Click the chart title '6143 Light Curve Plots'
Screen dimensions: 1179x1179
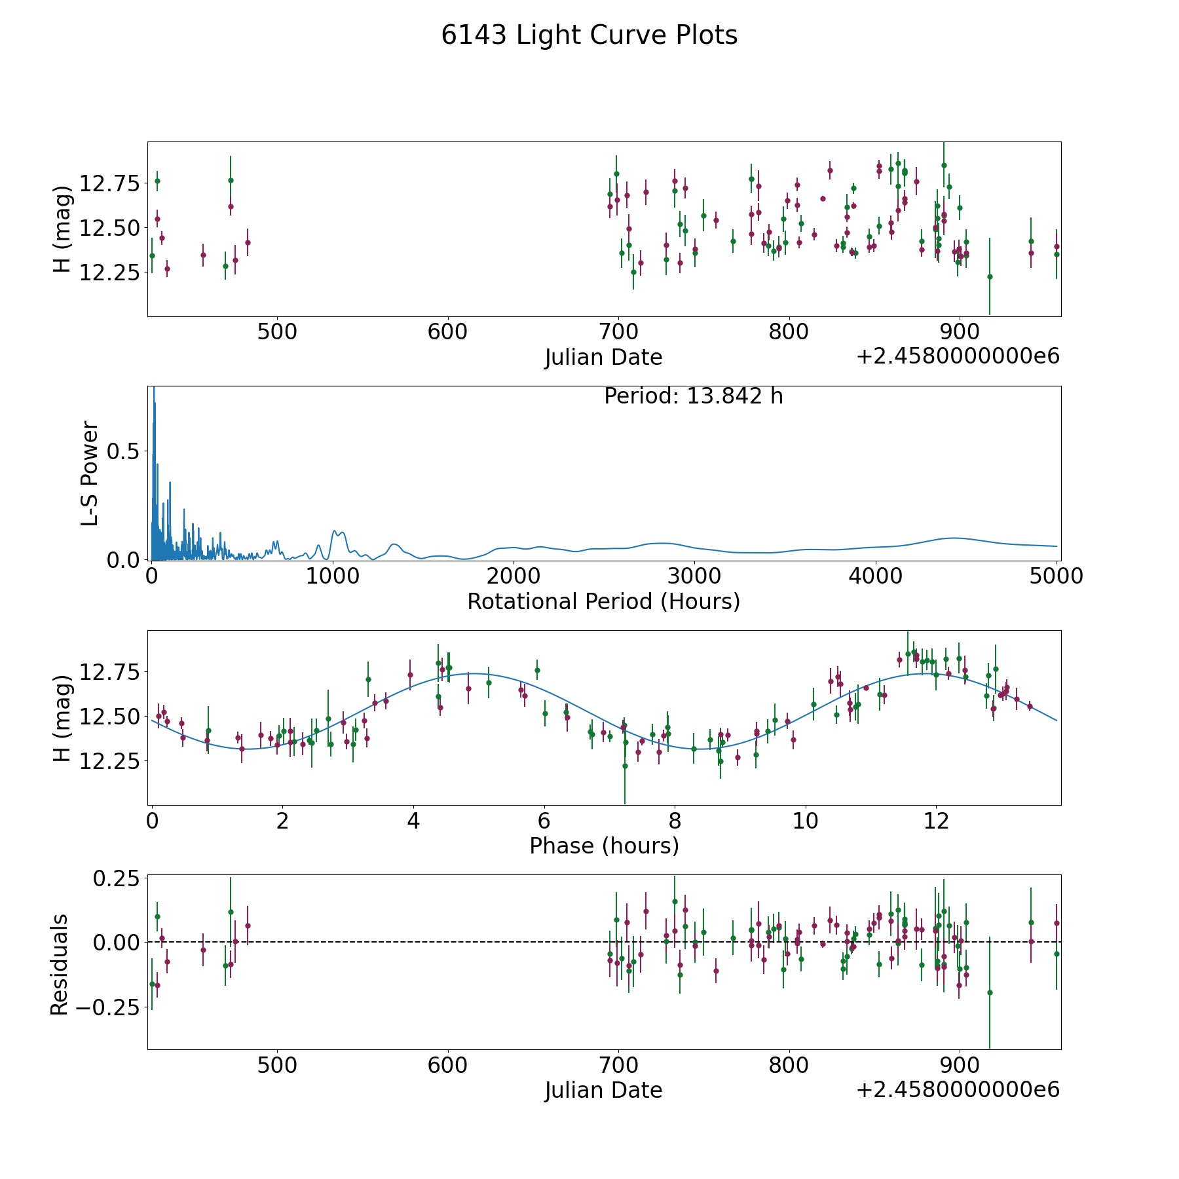589,35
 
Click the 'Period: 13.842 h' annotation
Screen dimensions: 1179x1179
693,396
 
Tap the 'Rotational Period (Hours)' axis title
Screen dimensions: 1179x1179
603,601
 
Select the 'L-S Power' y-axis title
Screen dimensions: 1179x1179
90,473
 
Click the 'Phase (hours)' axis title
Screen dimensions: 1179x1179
603,846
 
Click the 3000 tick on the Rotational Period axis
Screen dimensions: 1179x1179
694,576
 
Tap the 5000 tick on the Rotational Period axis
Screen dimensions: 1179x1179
1057,576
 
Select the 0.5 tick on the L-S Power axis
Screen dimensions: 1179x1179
124,452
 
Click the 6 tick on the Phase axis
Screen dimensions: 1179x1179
544,821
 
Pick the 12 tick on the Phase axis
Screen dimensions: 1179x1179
936,821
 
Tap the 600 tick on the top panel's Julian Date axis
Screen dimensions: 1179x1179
447,332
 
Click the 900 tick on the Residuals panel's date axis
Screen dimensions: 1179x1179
960,1065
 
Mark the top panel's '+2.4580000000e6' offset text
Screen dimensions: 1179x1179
958,357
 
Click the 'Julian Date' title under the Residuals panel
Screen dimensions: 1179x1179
603,1090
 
